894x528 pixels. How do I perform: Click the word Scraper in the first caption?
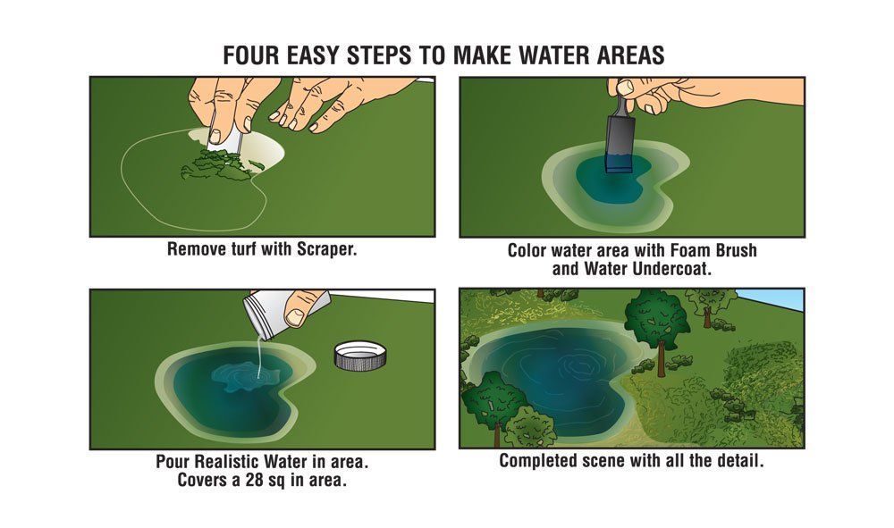326,249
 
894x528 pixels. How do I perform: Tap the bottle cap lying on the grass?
360,356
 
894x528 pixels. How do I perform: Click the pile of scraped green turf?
221,165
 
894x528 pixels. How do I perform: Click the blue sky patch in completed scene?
770,299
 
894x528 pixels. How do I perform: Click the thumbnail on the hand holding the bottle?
295,316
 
